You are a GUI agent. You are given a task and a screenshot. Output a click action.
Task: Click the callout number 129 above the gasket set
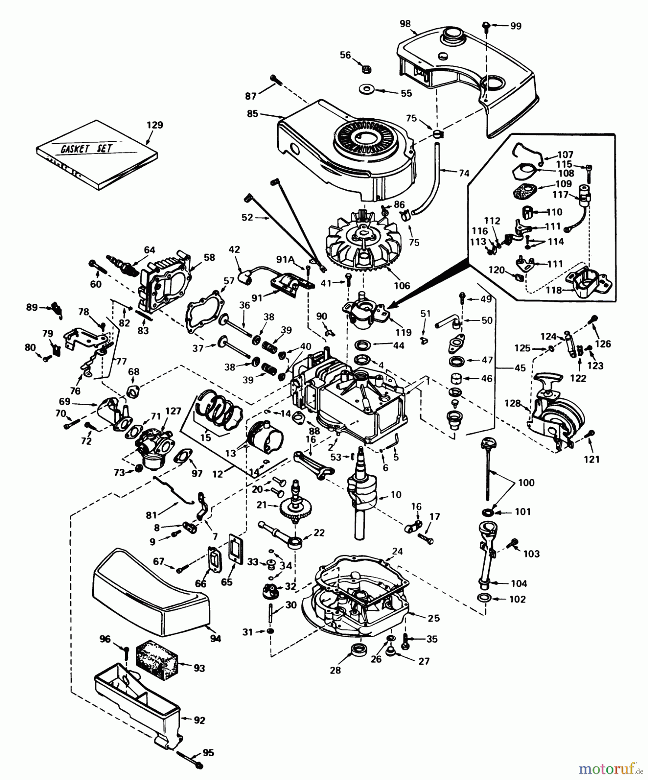pyautogui.click(x=155, y=125)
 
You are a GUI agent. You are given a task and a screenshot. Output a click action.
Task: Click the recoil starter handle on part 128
pyautogui.click(x=548, y=381)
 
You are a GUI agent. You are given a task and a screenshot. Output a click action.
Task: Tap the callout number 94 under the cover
pyautogui.click(x=215, y=638)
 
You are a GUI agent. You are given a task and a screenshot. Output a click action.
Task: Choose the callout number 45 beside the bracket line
pyautogui.click(x=520, y=368)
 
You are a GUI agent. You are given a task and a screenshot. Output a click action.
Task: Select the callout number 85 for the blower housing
pyautogui.click(x=253, y=114)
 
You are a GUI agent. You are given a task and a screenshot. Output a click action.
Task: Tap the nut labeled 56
pyautogui.click(x=366, y=68)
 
